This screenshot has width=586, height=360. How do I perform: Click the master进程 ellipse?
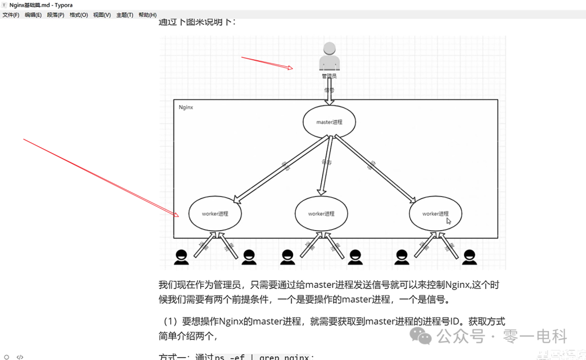pyautogui.click(x=329, y=122)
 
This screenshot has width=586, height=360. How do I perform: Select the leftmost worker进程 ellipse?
pyautogui.click(x=215, y=213)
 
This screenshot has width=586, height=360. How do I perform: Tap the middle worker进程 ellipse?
pyautogui.click(x=321, y=213)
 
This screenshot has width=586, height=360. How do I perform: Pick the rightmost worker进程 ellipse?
pyautogui.click(x=436, y=213)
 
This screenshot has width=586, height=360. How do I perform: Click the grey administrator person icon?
pyautogui.click(x=329, y=56)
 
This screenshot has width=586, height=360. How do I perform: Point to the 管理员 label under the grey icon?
pyautogui.click(x=329, y=77)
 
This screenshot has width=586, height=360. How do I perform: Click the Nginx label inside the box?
pyautogui.click(x=186, y=108)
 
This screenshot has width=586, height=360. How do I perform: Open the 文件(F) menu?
pyautogui.click(x=11, y=15)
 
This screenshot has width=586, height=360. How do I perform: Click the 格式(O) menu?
pyautogui.click(x=79, y=15)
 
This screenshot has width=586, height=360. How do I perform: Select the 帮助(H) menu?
pyautogui.click(x=148, y=15)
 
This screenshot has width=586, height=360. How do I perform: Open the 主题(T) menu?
pyautogui.click(x=125, y=15)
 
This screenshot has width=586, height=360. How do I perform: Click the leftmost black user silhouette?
pyautogui.click(x=181, y=257)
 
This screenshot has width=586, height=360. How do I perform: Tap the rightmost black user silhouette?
pyautogui.click(x=470, y=257)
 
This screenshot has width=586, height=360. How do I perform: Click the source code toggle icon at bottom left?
pyautogui.click(x=20, y=357)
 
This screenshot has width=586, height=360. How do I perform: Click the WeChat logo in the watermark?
pyautogui.click(x=421, y=336)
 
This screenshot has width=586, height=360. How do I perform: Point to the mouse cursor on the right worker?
pyautogui.click(x=449, y=220)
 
